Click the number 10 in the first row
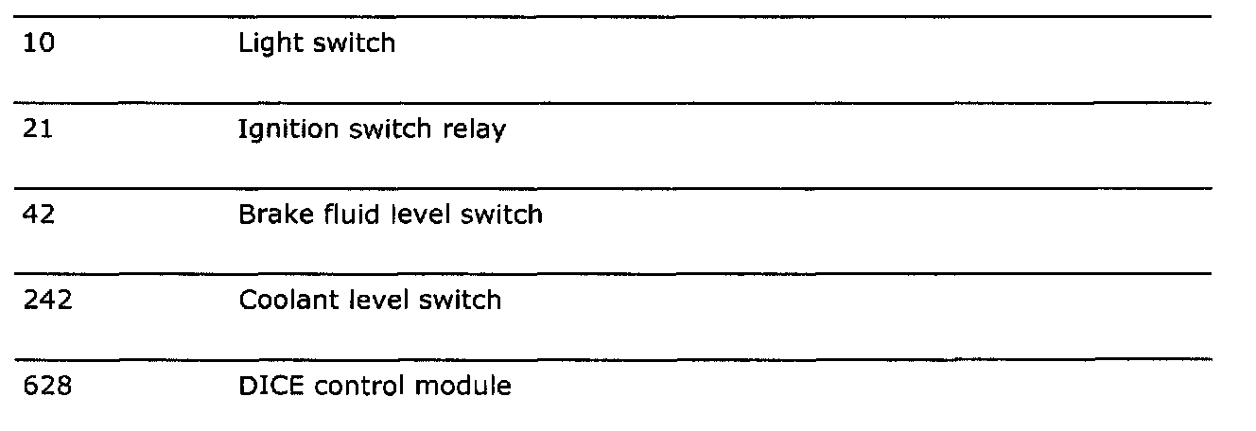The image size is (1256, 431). pos(38,44)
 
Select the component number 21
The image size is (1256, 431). pos(38,129)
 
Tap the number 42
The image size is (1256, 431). pos(39,215)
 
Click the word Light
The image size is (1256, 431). pos(267,44)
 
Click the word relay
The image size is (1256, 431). pos(476,130)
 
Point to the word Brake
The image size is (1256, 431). pos(269,215)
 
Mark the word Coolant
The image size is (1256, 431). pos(279,301)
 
